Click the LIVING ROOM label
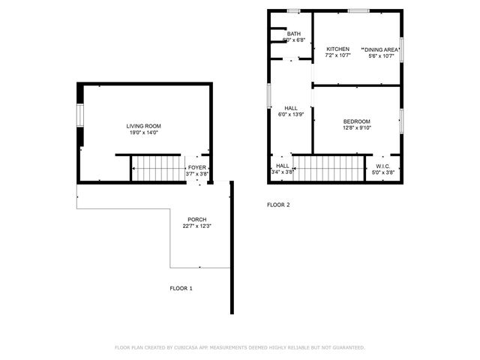coord(143,125)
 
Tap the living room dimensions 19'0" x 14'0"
coord(143,132)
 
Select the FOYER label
coord(196,167)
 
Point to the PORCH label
coord(197,219)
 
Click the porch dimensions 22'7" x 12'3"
coord(197,226)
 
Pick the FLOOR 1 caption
coord(181,288)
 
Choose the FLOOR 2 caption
coord(278,205)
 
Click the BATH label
coord(293,33)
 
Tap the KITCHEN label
coord(337,49)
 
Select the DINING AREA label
coord(381,49)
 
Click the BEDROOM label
coord(356,121)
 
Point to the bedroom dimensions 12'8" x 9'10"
coord(356,127)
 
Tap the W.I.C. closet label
coord(382,166)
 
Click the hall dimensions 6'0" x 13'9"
coord(290,115)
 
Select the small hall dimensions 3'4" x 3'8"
coord(282,172)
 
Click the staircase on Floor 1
coord(158,168)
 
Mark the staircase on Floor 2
coord(328,168)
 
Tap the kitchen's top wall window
coord(358,10)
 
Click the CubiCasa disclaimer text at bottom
coord(239,347)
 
